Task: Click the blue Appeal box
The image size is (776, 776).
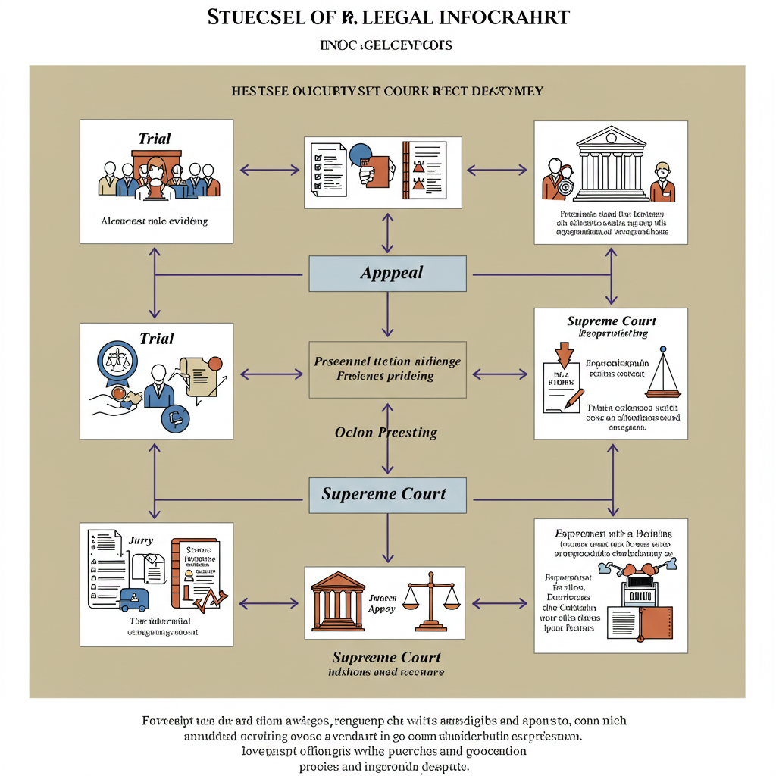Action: coord(387,274)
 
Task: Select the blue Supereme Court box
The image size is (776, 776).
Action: coord(387,495)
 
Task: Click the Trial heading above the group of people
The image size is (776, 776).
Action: coord(155,139)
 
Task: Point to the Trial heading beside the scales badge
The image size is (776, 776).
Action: coord(157,338)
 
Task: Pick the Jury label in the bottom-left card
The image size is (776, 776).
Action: coord(141,540)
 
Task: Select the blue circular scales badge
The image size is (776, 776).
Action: coord(117,359)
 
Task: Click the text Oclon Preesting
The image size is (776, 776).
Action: coord(386,433)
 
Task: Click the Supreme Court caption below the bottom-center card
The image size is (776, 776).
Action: coord(386,657)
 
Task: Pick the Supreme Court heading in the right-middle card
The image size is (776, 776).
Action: coord(612,321)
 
